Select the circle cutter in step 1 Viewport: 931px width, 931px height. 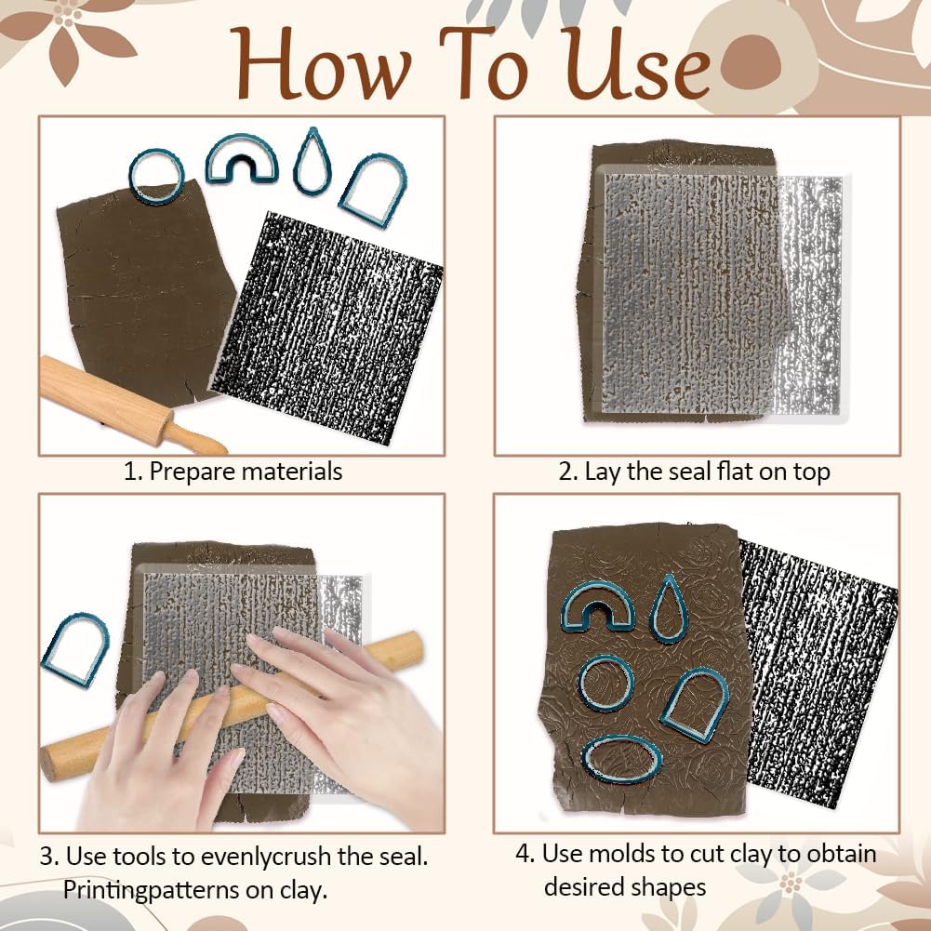[x=155, y=176]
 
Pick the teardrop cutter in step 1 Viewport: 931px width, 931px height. [x=310, y=162]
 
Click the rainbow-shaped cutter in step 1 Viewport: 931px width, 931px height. [x=241, y=157]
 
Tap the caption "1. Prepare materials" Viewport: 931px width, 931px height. [x=233, y=472]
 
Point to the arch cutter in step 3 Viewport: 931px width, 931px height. [x=74, y=649]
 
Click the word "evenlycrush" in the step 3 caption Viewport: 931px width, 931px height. [x=279, y=855]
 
